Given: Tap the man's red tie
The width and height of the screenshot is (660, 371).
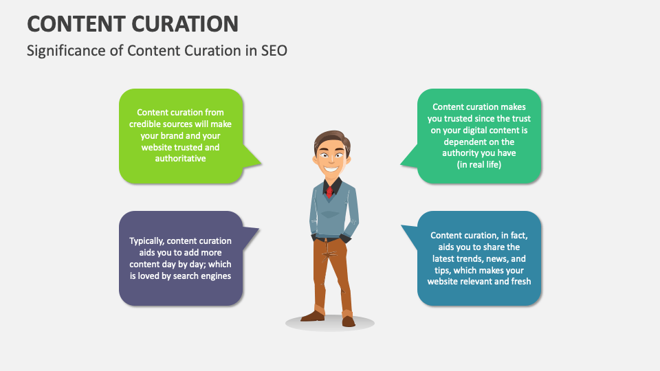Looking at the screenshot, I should click(330, 190).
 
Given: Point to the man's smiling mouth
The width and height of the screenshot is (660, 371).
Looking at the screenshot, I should click(331, 166).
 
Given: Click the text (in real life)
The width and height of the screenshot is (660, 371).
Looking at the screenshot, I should click(479, 164).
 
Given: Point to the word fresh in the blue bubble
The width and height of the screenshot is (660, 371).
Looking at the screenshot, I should click(519, 282).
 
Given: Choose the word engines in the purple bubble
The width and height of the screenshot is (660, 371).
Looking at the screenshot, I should click(215, 276).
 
